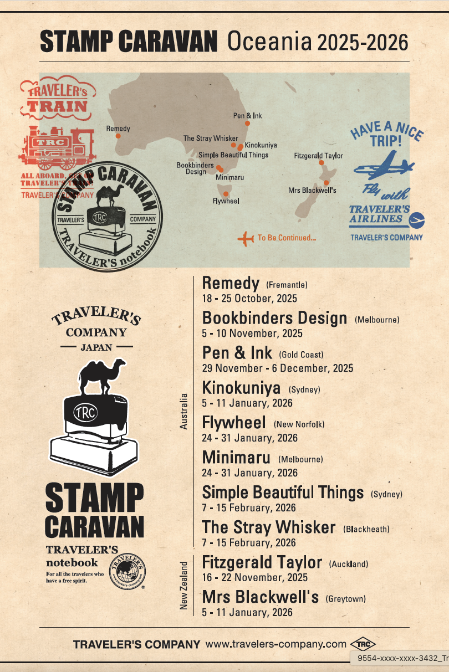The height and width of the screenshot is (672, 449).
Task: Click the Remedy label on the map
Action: [118, 129]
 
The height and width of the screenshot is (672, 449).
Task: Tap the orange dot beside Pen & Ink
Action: [247, 123]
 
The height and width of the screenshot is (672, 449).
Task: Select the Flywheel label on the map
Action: [226, 201]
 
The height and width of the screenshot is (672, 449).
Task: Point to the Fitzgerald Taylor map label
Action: [318, 156]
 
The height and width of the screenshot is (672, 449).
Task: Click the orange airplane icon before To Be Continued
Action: [245, 238]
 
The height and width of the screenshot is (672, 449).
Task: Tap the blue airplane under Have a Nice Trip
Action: [384, 166]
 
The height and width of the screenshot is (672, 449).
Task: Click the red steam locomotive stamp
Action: [57, 146]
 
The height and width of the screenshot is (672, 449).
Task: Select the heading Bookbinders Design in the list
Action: [274, 319]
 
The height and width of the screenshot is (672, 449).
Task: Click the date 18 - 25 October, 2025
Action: [249, 299]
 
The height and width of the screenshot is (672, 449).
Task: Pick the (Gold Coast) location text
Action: [301, 355]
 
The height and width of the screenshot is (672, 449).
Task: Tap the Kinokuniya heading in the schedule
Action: [241, 388]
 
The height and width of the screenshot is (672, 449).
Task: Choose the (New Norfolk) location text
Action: [299, 424]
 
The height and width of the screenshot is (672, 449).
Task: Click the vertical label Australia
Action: [184, 411]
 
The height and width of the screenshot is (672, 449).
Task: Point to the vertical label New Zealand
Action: [184, 586]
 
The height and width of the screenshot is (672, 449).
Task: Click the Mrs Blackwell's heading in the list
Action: [260, 597]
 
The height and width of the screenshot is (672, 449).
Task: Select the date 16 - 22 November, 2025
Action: [254, 577]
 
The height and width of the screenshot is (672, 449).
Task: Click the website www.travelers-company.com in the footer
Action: [275, 644]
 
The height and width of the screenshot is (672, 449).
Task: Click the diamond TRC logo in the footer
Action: [363, 644]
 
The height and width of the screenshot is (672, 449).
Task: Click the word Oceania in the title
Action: [269, 42]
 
